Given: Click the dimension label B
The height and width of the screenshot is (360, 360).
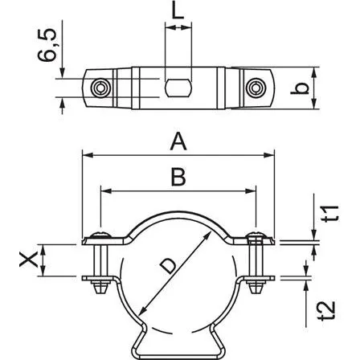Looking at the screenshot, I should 178,178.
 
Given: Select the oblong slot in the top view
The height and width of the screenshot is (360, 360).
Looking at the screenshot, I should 178,87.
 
